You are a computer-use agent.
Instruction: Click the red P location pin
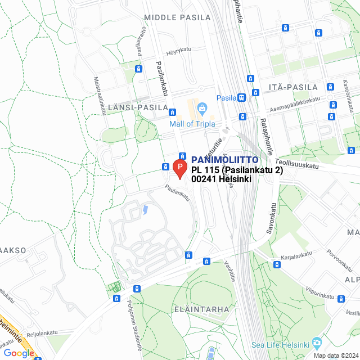(x=179, y=168)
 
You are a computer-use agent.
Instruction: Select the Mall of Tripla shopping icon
(x=202, y=107)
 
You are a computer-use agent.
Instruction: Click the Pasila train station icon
(x=242, y=97)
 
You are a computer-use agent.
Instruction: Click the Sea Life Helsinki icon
(x=317, y=343)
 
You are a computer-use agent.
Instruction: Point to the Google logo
(x=18, y=353)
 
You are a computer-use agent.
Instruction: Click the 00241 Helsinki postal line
(x=220, y=179)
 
